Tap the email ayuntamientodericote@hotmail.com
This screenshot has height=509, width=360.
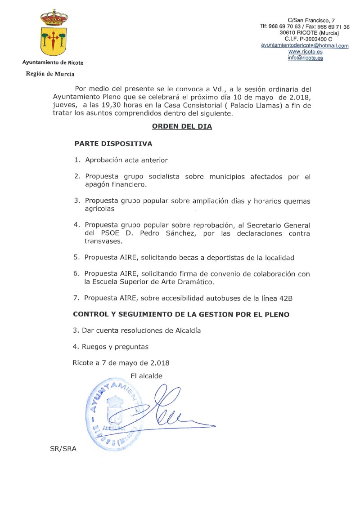tap(305, 46)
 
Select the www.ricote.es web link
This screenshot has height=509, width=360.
tap(305, 52)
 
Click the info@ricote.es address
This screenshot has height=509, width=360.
tap(305, 58)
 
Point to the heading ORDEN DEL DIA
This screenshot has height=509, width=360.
tap(182, 127)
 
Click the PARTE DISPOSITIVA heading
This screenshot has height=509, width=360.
tap(113, 144)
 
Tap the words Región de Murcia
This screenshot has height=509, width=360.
tap(50, 74)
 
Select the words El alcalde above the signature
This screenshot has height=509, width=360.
tap(147, 376)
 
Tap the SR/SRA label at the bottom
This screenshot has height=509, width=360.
tap(63, 449)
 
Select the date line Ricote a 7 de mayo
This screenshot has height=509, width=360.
tap(121, 362)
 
